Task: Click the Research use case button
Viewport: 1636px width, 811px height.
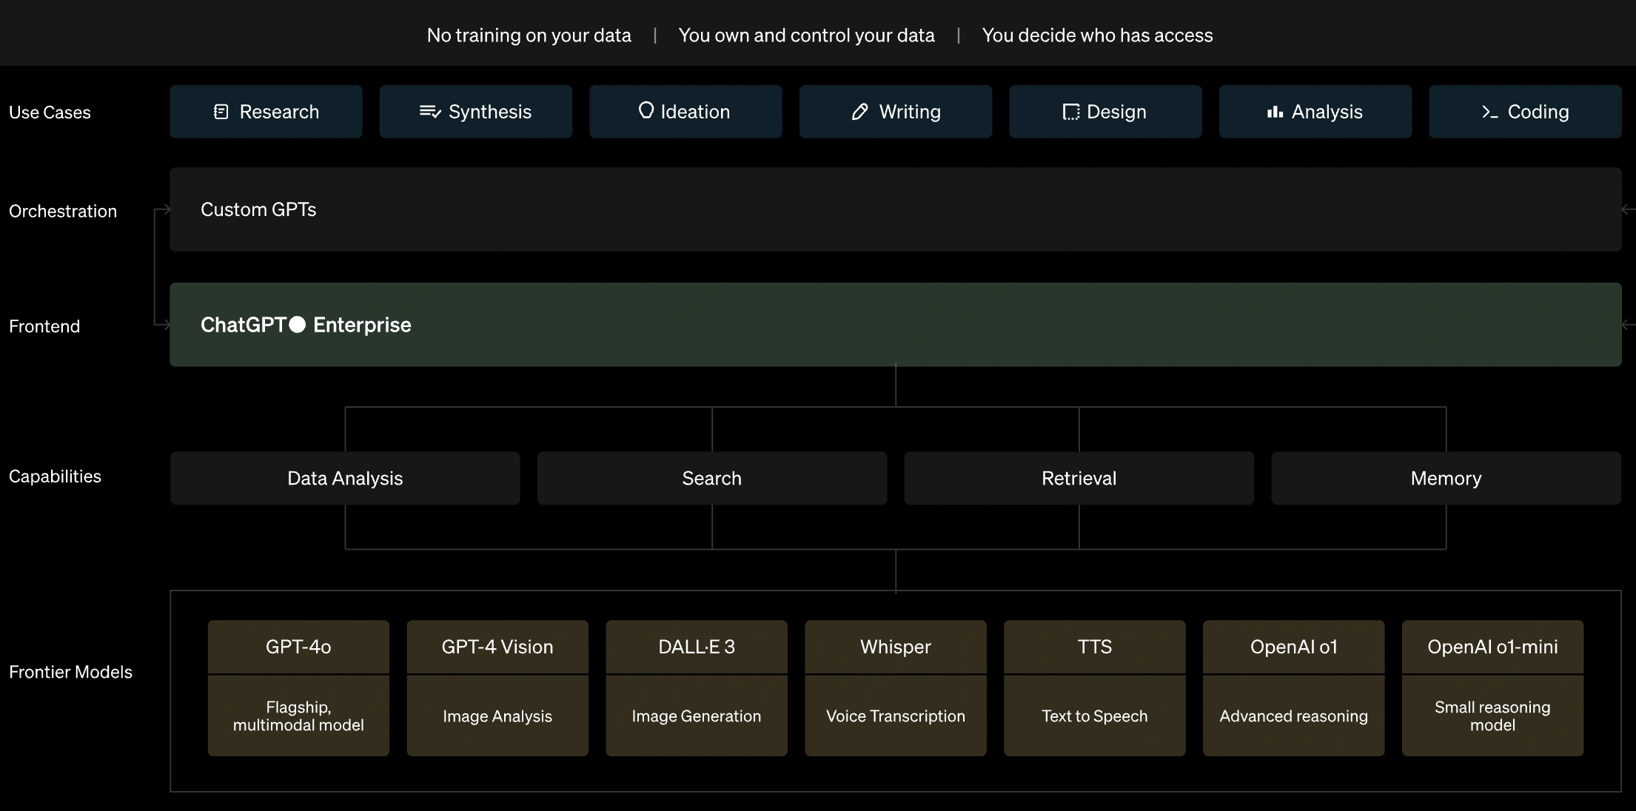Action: tap(266, 112)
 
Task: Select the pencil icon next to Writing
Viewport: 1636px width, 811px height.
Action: tap(859, 112)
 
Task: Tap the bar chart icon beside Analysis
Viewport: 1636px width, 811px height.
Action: tap(1275, 112)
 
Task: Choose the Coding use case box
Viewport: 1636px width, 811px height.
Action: tap(1525, 112)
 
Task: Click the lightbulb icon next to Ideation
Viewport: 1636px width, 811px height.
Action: tap(646, 111)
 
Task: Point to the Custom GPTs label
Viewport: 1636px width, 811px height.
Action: tap(258, 209)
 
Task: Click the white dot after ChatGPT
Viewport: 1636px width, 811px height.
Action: tap(298, 325)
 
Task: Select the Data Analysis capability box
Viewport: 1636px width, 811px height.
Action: tap(345, 478)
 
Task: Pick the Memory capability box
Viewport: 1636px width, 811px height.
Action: tap(1446, 478)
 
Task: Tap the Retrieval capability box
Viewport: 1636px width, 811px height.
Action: tap(1079, 478)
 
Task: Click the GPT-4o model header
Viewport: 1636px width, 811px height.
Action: tap(298, 647)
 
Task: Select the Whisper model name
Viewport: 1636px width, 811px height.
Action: tap(896, 647)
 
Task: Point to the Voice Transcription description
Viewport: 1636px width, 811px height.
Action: tap(896, 716)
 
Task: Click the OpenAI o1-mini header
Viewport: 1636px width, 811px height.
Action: tap(1492, 647)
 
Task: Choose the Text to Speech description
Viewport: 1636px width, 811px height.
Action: tap(1095, 716)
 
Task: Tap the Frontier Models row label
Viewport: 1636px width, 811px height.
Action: tap(70, 672)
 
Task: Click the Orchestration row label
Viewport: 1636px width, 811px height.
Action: tap(63, 211)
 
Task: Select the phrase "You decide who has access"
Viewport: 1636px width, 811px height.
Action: tap(1097, 36)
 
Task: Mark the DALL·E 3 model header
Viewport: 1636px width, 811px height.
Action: tap(697, 647)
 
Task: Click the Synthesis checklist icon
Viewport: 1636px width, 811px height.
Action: tap(430, 112)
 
